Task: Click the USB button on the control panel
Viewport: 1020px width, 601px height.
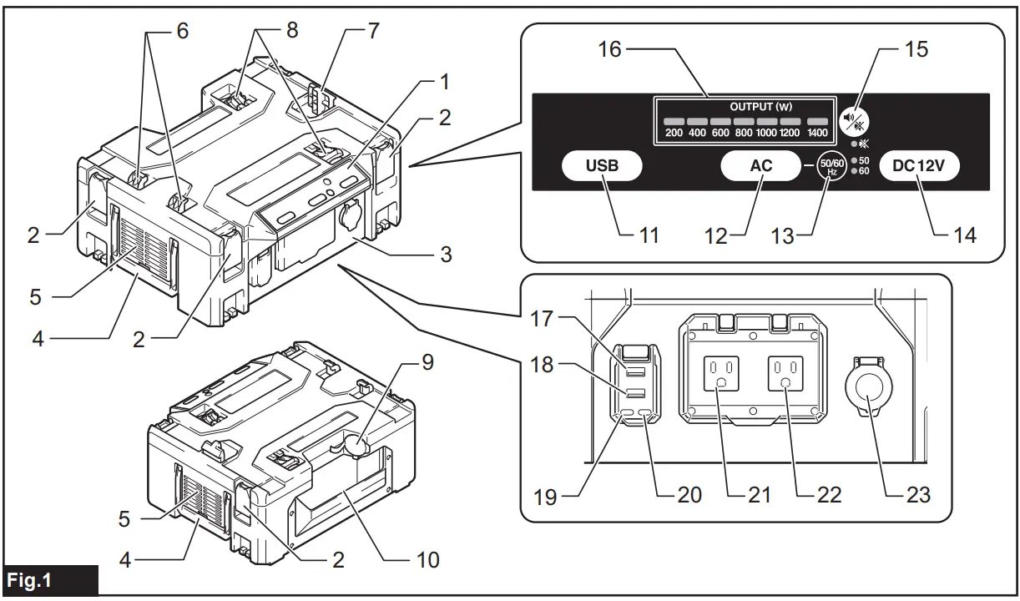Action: point(601,165)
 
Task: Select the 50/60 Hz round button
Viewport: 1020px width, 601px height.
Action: point(832,165)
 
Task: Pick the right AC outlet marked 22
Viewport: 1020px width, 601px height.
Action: point(784,371)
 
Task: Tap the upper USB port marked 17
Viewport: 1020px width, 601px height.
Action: point(634,370)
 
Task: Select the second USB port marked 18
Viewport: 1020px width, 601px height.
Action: point(634,391)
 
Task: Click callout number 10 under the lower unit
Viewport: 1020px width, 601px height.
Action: point(427,558)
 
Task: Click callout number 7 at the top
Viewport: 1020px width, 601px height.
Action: point(373,32)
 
